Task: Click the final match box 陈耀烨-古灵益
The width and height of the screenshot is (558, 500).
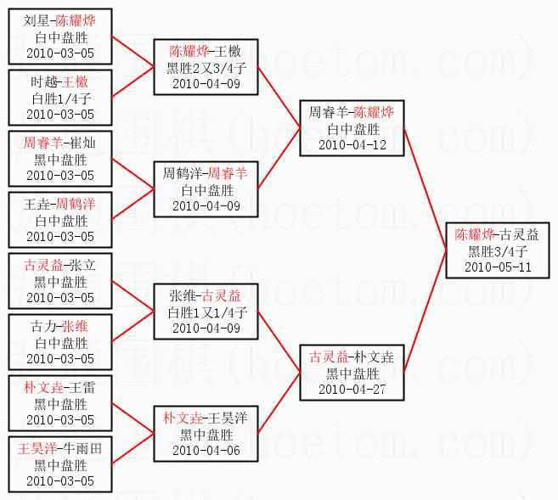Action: click(x=497, y=250)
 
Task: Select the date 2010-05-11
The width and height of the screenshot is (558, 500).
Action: click(x=497, y=267)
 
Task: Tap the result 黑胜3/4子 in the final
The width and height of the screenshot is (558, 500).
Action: click(x=497, y=251)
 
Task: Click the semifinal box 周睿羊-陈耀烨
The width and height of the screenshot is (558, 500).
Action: click(x=351, y=127)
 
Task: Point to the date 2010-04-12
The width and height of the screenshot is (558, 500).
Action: click(x=352, y=144)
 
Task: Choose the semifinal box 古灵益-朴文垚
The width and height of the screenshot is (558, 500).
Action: click(x=352, y=372)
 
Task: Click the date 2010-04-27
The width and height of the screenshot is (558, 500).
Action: click(x=352, y=388)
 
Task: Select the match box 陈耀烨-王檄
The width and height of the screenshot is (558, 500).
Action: click(x=206, y=67)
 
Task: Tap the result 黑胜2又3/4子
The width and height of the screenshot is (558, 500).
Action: click(x=206, y=67)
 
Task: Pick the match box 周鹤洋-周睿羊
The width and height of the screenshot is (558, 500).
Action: click(x=206, y=189)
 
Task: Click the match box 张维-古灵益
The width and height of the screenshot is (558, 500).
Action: click(x=206, y=312)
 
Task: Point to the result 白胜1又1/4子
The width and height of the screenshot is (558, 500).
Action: click(x=206, y=312)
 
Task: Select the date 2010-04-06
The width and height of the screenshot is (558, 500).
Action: click(x=206, y=451)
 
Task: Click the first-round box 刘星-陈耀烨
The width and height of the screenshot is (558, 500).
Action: click(x=59, y=37)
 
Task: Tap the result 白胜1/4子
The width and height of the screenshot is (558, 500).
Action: click(x=59, y=98)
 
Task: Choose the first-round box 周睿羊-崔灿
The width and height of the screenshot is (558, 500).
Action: click(x=59, y=159)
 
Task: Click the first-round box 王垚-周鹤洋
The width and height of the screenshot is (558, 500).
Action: click(x=59, y=220)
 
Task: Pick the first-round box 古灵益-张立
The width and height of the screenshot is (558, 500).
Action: click(x=59, y=281)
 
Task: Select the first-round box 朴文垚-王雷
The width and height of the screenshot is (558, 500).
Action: click(x=59, y=403)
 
